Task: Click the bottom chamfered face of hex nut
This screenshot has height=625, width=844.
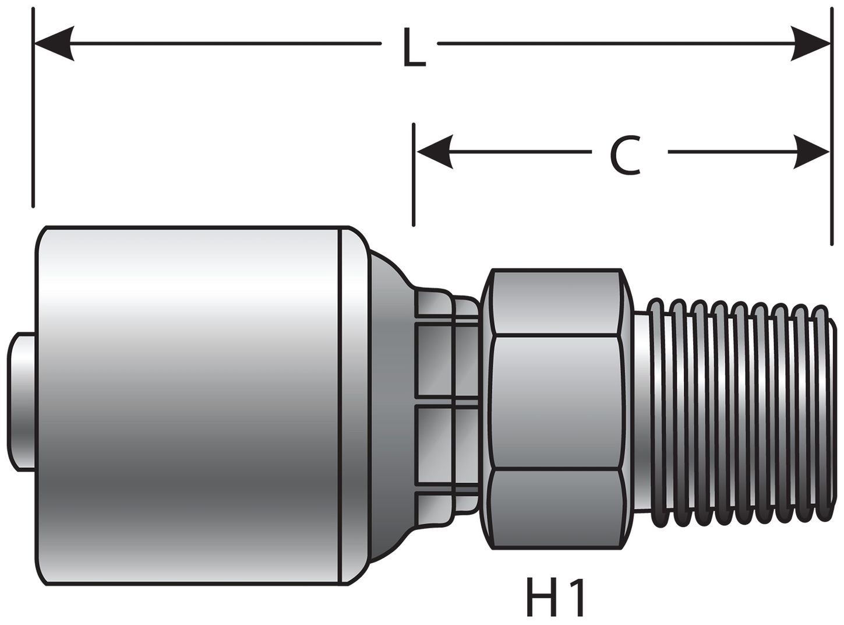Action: click(x=556, y=508)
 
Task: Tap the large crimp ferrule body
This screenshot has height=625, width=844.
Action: click(x=186, y=402)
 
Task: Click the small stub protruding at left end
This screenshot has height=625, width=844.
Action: click(x=22, y=402)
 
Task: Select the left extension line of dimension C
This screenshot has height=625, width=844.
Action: click(x=414, y=175)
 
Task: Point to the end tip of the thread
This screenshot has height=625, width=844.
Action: click(x=826, y=408)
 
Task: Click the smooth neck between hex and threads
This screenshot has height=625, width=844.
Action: click(x=641, y=408)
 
